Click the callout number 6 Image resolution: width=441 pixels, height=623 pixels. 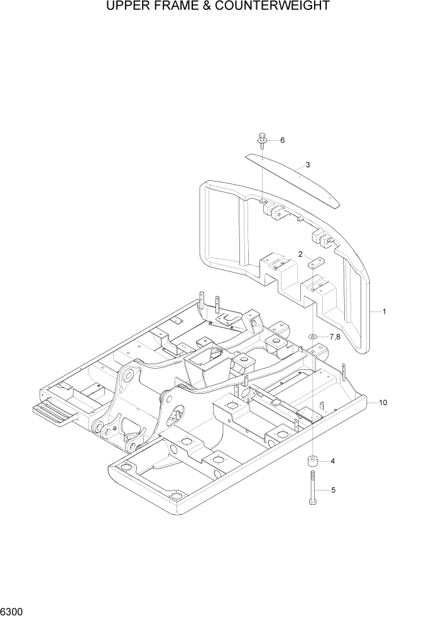pos(282,140)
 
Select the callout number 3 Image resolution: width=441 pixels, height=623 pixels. pos(308,165)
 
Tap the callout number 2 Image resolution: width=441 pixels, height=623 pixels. pos(301,254)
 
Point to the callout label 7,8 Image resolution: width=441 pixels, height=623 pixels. pos(334,337)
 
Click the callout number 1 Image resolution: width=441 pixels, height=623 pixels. pos(384,311)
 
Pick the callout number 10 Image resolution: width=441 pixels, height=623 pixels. pos(383,402)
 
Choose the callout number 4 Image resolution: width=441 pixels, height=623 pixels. pos(332,462)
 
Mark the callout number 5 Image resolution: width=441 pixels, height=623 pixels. pos(333,490)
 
